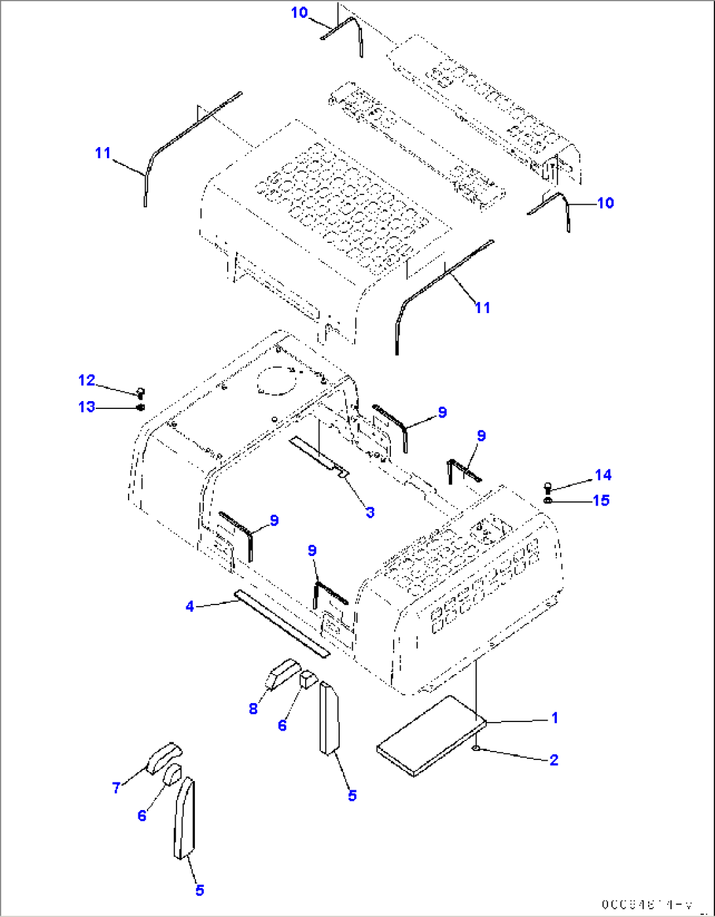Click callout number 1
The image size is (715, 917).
coord(554,717)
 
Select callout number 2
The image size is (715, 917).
coord(554,759)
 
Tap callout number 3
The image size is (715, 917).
coord(370,512)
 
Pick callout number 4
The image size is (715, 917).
coord(190,607)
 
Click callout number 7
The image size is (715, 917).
coord(116,787)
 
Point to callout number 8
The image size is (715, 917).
coord(253,709)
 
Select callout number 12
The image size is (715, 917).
coord(87,380)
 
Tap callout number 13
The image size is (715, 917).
coord(87,407)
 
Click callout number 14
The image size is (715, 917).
coord(603,475)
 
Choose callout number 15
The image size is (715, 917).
coord(601,500)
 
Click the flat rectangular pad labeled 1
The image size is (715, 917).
coord(430,735)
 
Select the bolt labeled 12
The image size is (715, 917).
coord(140,393)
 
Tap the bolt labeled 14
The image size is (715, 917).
coord(548,487)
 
